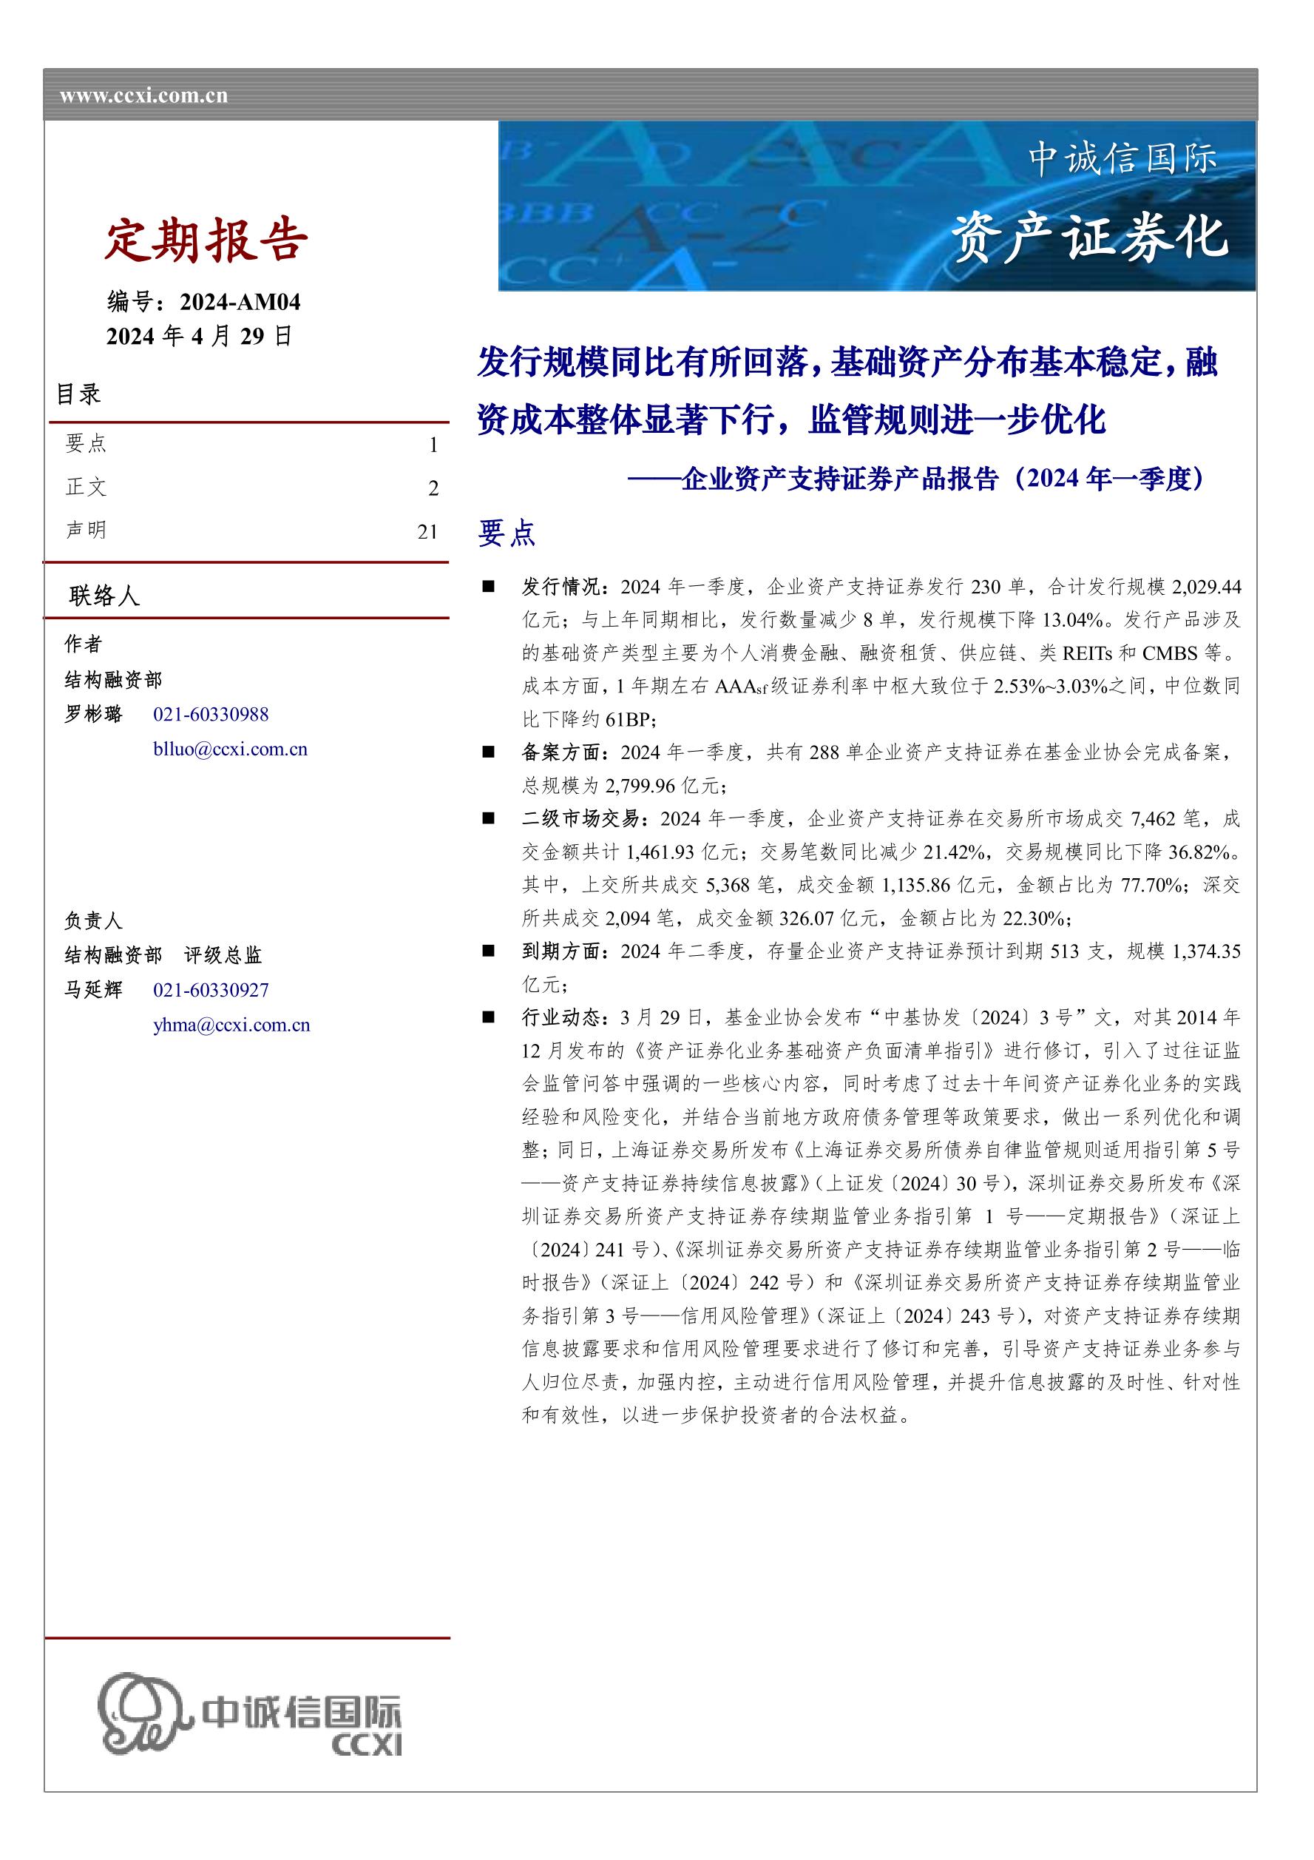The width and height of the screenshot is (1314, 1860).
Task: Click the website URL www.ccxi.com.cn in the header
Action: [x=143, y=96]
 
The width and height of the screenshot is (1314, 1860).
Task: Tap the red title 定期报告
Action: [x=206, y=240]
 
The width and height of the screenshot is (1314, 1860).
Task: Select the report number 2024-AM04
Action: [x=240, y=302]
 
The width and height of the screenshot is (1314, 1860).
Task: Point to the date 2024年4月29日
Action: [x=199, y=336]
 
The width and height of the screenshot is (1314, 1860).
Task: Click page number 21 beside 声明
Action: [x=427, y=532]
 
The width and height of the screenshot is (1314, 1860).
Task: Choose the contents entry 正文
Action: [x=86, y=487]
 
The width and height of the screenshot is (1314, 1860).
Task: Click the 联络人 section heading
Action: [x=104, y=596]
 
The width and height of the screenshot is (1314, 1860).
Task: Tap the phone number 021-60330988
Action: [x=211, y=715]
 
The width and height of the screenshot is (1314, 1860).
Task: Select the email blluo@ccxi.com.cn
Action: [x=230, y=749]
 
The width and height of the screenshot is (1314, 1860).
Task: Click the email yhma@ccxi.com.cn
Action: [x=231, y=1025]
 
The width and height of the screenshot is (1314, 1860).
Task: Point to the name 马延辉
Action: [x=93, y=990]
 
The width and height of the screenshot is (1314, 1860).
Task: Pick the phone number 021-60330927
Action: [x=211, y=990]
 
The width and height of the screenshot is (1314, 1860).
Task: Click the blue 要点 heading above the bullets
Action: [x=506, y=533]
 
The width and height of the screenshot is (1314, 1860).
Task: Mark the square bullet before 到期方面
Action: [x=488, y=950]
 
